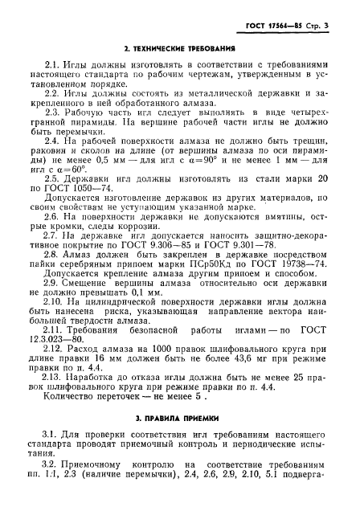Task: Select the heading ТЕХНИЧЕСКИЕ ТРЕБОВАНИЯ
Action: [184, 50]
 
